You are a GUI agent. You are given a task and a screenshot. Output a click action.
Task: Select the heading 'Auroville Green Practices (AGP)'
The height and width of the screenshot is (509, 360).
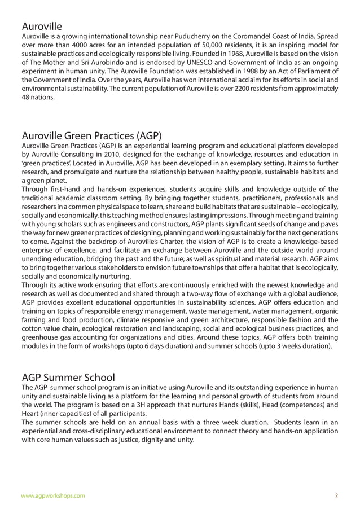click(91, 136)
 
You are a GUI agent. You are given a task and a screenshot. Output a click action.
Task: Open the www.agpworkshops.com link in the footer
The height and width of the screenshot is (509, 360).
click(53, 495)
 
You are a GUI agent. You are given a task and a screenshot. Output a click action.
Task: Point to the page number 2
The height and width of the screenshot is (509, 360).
click(336, 495)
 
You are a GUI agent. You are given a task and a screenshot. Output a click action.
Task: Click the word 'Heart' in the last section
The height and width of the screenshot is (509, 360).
click(31, 413)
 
